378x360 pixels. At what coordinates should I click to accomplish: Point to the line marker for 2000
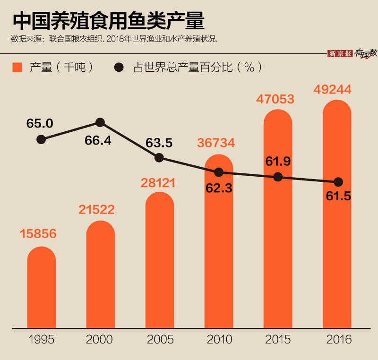pyautogui.click(x=100, y=122)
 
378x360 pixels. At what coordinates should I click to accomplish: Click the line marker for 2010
pyautogui.click(x=219, y=172)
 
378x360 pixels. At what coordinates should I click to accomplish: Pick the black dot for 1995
pyautogui.click(x=41, y=139)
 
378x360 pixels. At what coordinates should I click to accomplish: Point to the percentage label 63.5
pyautogui.click(x=159, y=143)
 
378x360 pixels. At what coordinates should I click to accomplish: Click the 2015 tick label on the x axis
pyautogui.click(x=278, y=339)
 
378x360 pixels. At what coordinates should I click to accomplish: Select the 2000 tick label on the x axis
pyautogui.click(x=100, y=339)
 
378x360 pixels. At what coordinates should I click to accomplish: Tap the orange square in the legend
pyautogui.click(x=17, y=67)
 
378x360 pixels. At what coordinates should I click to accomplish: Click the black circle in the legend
pyautogui.click(x=119, y=67)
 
